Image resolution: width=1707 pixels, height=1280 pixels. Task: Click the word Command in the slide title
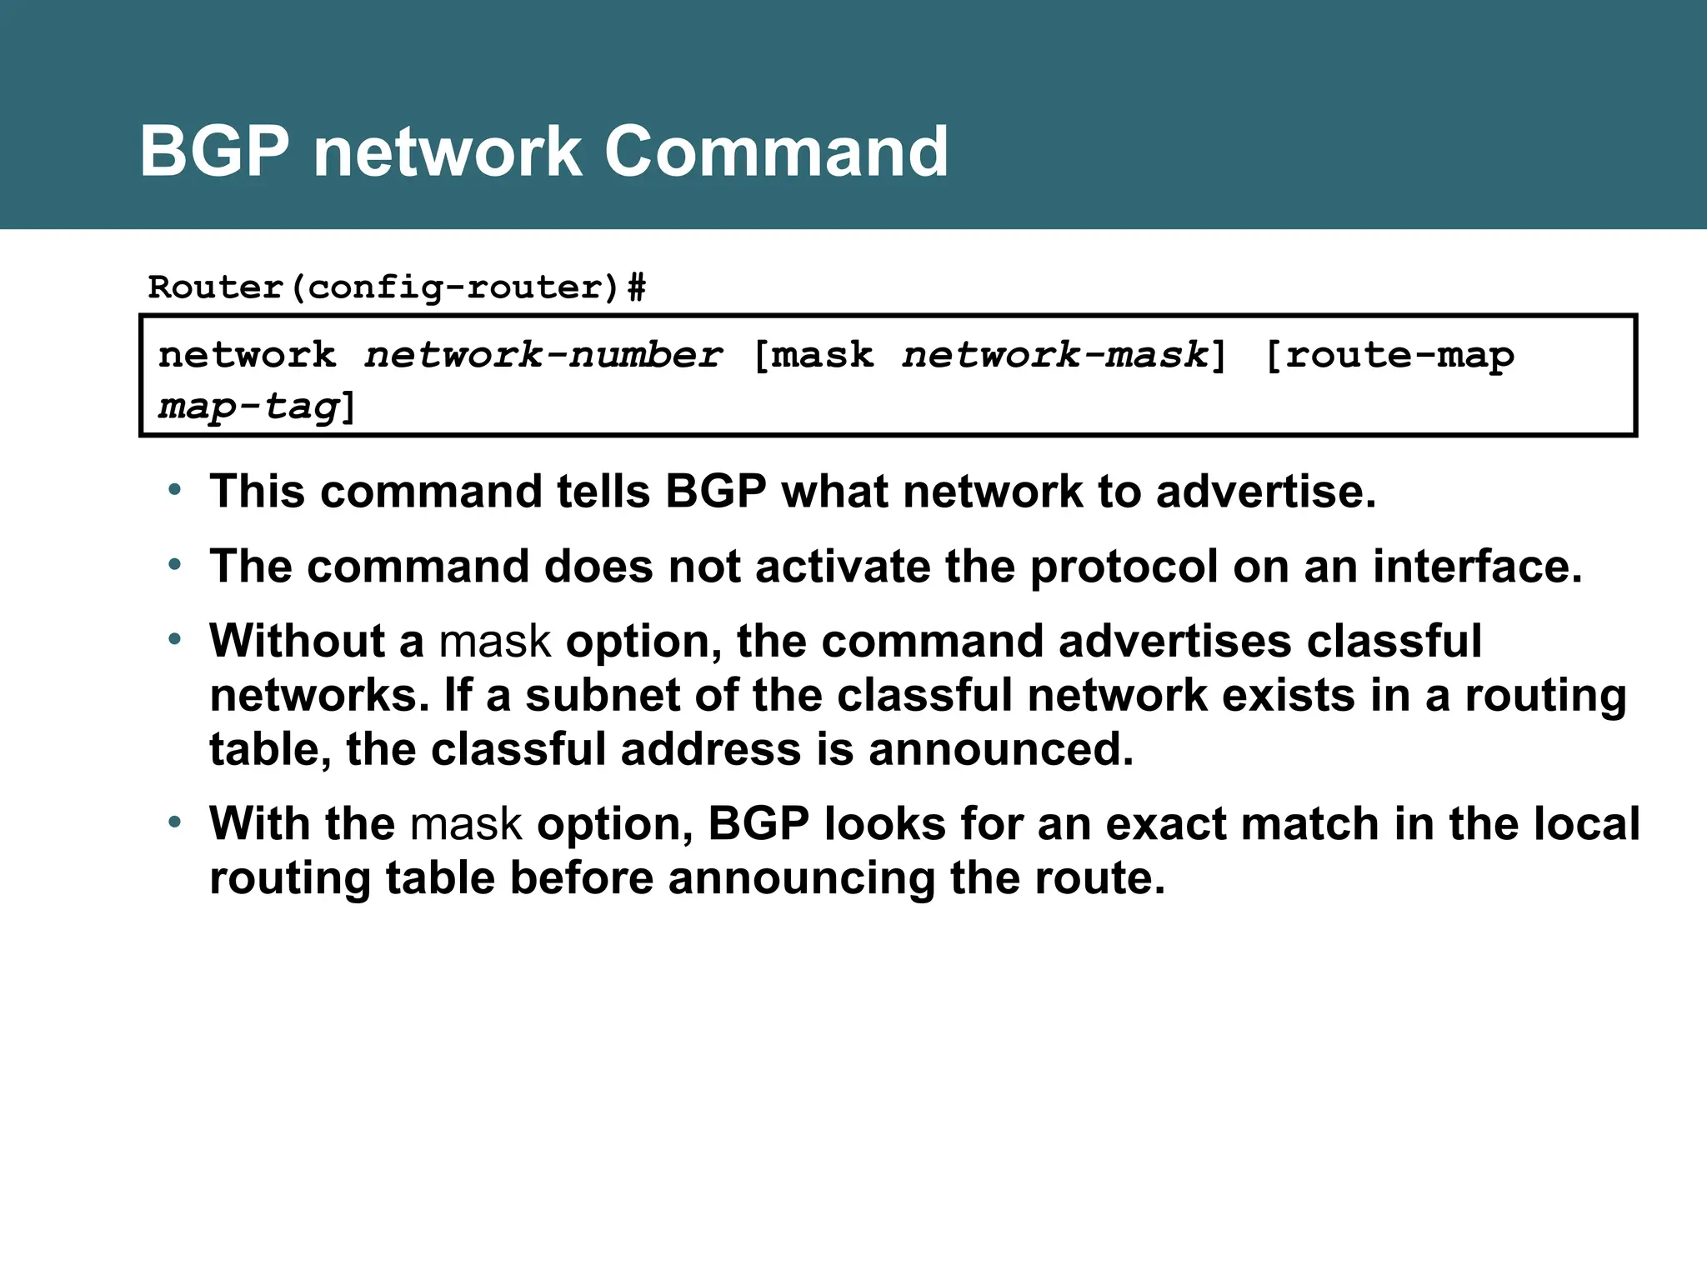(x=775, y=152)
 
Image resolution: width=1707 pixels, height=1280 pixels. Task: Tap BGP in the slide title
(x=214, y=152)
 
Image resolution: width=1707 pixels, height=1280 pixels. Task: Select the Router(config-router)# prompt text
(x=397, y=287)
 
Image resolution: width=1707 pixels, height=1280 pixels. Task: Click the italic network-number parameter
(x=543, y=356)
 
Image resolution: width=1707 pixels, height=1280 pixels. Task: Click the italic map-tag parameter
(x=249, y=407)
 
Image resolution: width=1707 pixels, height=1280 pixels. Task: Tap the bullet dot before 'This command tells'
(x=174, y=490)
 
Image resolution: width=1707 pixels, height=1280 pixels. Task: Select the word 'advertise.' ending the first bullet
(x=1266, y=491)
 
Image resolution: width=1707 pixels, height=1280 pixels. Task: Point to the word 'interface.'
(x=1477, y=567)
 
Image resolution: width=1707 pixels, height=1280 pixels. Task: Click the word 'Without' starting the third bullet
(x=297, y=641)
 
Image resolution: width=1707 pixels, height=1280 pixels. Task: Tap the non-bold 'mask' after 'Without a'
(x=495, y=642)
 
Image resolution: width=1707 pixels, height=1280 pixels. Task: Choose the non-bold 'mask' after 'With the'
(x=466, y=824)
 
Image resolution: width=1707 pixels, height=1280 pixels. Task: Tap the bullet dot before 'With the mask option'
(x=174, y=822)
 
